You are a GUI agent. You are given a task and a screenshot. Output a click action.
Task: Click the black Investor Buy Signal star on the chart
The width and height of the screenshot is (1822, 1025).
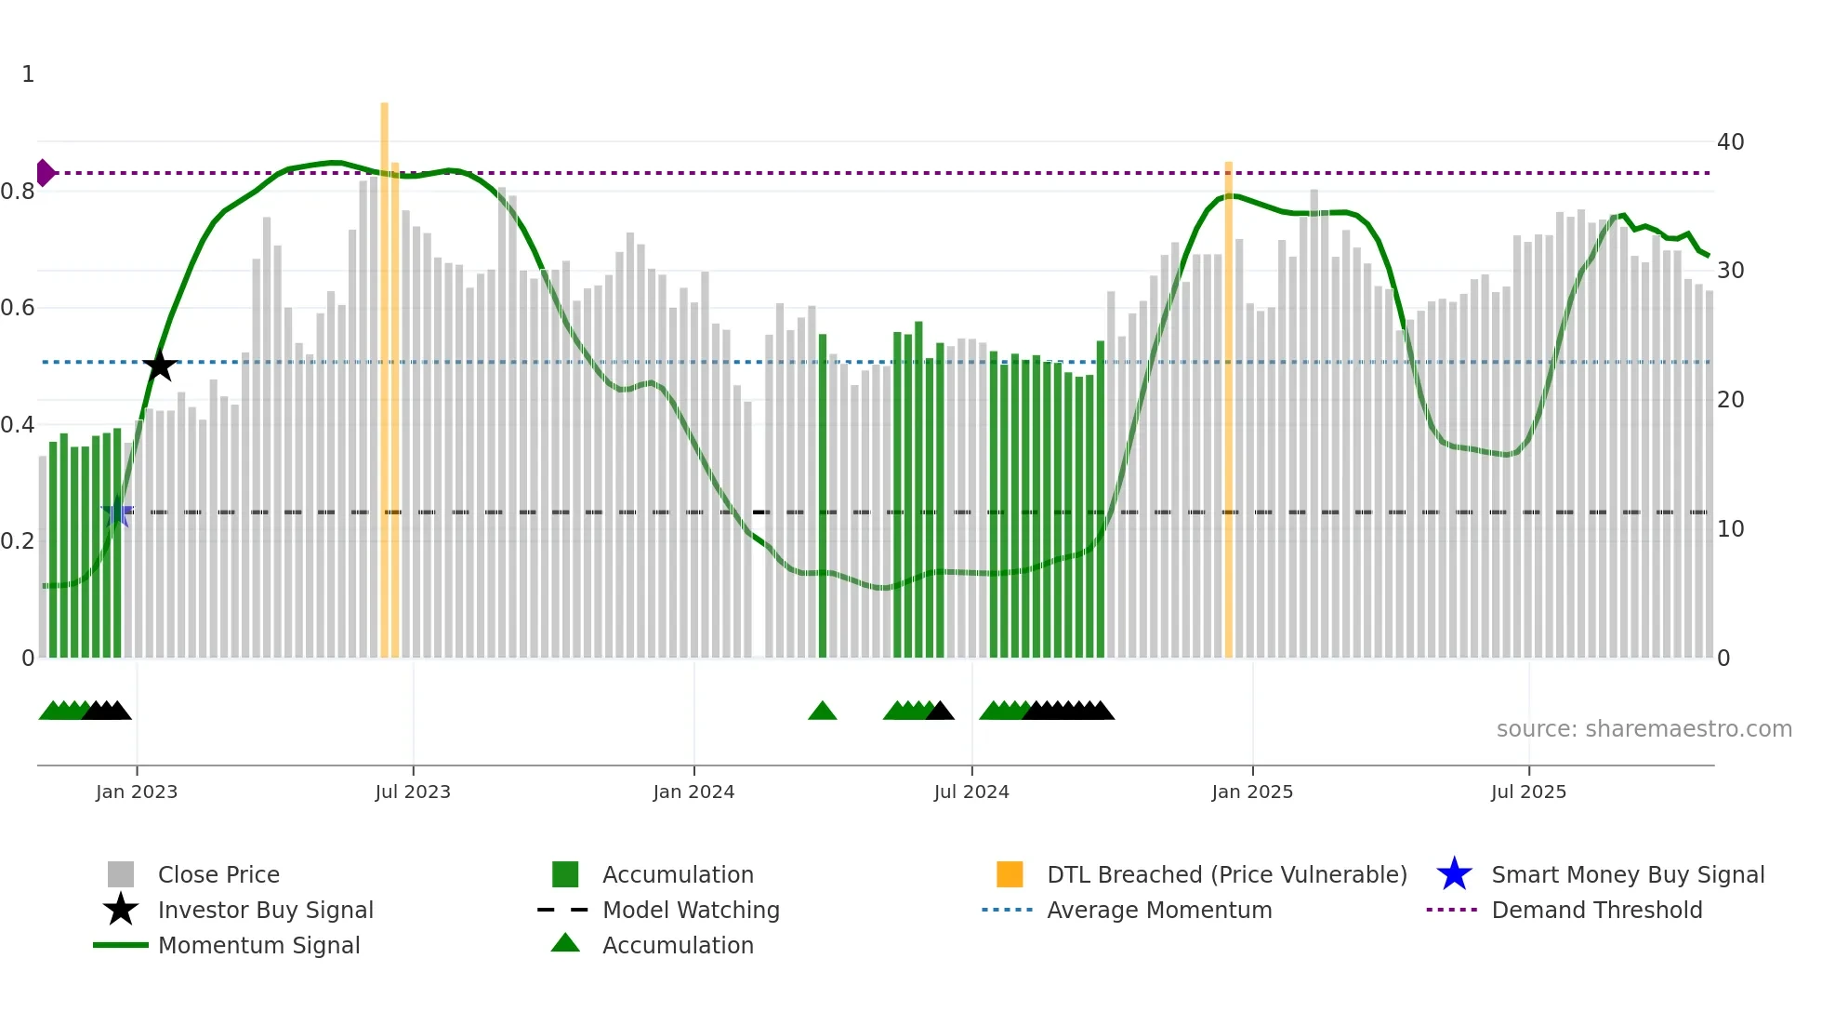coord(160,366)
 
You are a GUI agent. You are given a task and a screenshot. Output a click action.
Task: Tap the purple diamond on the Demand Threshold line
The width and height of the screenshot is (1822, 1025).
coord(45,173)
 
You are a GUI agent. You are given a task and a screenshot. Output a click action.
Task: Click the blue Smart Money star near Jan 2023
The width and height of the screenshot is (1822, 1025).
coord(116,512)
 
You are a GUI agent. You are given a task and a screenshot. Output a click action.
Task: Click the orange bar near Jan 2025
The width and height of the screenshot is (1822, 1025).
coord(1228,409)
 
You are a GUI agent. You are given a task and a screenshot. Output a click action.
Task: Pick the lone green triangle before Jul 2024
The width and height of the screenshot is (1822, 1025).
coord(823,712)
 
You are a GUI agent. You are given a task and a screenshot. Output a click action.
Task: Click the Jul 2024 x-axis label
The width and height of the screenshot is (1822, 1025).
coord(971,792)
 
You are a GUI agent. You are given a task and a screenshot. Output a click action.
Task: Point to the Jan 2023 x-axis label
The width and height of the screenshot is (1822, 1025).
coord(137,792)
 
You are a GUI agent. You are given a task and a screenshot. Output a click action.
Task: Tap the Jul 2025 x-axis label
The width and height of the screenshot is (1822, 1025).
coord(1528,792)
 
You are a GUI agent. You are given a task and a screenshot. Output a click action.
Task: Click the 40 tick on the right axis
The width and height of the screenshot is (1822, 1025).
coord(1730,142)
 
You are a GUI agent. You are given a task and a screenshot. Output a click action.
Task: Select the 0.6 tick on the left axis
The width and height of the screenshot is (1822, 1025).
coord(18,308)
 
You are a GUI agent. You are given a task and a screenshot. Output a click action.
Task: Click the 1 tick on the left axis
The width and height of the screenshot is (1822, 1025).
coord(28,74)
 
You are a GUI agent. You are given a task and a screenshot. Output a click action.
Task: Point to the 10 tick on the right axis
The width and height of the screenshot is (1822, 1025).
coord(1730,529)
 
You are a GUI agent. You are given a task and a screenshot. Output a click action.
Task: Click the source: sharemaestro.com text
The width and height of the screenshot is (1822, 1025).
coord(1644,729)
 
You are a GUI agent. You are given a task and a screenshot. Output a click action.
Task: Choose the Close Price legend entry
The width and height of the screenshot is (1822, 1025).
coord(218,874)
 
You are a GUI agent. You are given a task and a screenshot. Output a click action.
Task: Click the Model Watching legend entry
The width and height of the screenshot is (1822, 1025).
coord(691,910)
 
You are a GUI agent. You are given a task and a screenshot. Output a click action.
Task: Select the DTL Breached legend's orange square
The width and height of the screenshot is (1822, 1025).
coord(1010,874)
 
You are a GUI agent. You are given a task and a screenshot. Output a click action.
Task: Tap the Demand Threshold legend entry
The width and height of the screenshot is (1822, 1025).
coord(1596,910)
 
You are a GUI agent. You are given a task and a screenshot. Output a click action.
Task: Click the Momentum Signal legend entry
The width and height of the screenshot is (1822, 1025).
coord(258,945)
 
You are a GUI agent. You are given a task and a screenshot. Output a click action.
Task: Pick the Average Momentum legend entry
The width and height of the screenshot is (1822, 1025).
coord(1159,910)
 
